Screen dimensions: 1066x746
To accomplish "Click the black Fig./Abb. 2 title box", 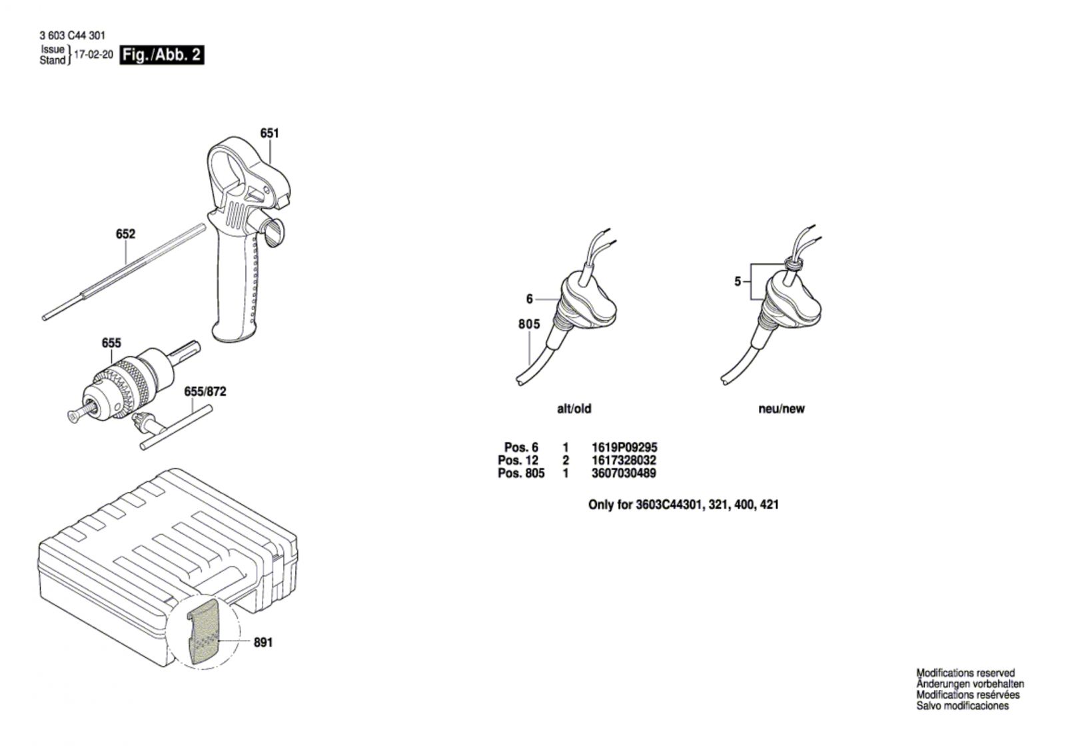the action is click(x=162, y=55).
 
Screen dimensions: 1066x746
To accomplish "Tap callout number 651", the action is click(x=269, y=133).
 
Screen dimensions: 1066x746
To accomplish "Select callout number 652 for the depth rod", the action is click(x=126, y=234).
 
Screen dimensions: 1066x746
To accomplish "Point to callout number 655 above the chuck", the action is click(x=111, y=343).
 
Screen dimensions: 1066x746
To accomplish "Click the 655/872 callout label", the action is click(x=205, y=391).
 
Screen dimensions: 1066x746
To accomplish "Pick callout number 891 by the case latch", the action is click(x=263, y=643).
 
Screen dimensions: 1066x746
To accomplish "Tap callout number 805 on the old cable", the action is click(x=529, y=324).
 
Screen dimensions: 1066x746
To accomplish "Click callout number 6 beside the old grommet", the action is click(x=529, y=299).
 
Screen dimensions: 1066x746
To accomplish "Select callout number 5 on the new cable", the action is click(x=737, y=281).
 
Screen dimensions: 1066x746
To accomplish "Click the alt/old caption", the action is click(x=574, y=409).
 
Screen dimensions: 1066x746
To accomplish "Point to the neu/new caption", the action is click(x=782, y=409).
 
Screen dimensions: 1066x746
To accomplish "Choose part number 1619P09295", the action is click(x=624, y=447).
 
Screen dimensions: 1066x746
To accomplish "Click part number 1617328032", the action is click(x=624, y=461).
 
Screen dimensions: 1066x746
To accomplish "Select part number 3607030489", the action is click(x=624, y=473).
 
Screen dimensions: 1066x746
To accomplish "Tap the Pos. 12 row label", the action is click(x=518, y=461).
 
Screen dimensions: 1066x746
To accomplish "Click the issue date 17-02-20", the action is click(x=94, y=55).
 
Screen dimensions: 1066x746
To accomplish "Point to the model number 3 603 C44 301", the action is click(x=73, y=36).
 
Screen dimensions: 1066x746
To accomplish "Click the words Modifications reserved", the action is click(x=965, y=673).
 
